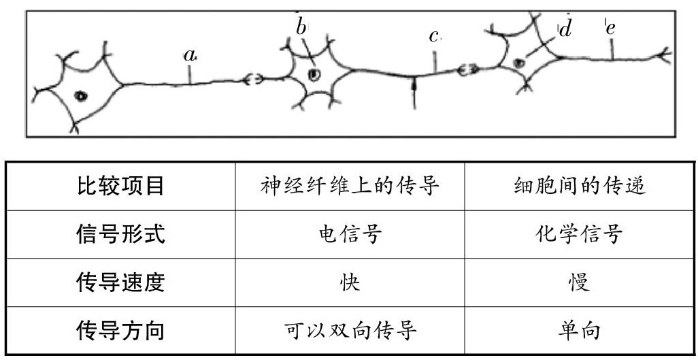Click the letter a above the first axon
click(x=190, y=55)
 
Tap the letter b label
click(x=301, y=26)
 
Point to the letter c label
click(x=434, y=36)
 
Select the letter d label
click(x=565, y=29)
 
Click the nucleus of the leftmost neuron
click(x=81, y=96)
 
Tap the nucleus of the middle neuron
click(x=313, y=73)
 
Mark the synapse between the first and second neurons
click(x=254, y=80)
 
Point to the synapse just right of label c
click(x=467, y=69)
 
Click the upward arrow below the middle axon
click(x=414, y=92)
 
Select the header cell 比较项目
click(x=121, y=185)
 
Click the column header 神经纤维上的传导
click(x=350, y=185)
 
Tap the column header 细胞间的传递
click(x=579, y=185)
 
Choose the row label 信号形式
click(x=121, y=234)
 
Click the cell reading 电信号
click(x=350, y=234)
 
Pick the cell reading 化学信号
click(x=579, y=234)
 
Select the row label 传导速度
click(x=121, y=282)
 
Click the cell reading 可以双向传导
click(x=350, y=331)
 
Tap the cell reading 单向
click(x=579, y=331)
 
